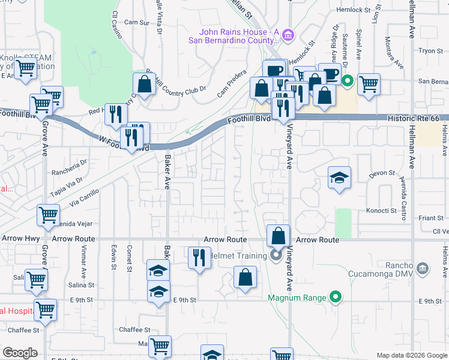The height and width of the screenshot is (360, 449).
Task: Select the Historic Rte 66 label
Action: [x=413, y=119]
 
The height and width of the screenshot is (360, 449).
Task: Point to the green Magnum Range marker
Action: [x=336, y=298]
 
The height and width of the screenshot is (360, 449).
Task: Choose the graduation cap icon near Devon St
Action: [x=339, y=178]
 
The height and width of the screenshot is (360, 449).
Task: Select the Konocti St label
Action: [x=381, y=211]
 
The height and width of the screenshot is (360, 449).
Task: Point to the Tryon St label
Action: [x=430, y=52]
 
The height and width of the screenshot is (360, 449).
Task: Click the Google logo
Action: [x=20, y=353]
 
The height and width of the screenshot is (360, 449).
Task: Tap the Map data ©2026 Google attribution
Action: [x=411, y=355]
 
